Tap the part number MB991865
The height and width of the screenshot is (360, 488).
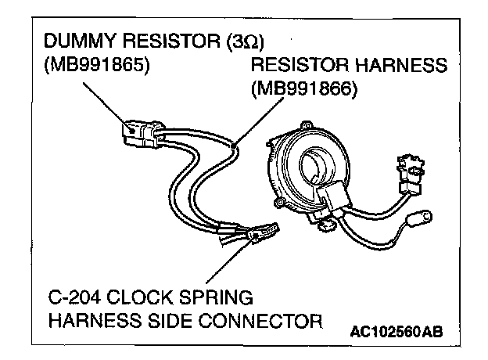point(99,65)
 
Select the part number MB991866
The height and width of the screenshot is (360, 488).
point(304,90)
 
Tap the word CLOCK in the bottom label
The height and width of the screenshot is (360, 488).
point(146,298)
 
